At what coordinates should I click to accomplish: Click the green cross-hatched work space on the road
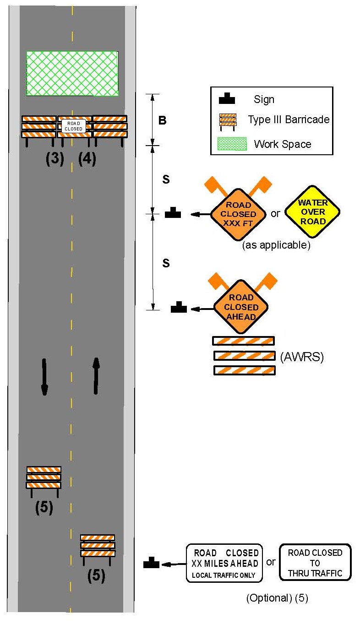[72, 73]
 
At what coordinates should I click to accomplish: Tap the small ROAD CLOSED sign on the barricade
[74, 126]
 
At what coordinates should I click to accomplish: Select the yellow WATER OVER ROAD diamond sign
[312, 212]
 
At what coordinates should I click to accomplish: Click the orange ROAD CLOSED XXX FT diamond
[238, 214]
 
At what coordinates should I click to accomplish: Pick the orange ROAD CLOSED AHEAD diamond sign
[241, 307]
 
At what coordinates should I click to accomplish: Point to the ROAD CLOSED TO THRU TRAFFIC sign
[315, 563]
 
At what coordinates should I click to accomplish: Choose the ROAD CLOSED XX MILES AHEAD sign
[224, 563]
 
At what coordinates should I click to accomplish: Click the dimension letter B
[162, 121]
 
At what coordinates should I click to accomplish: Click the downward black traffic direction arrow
[44, 376]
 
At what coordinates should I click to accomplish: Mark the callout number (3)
[55, 158]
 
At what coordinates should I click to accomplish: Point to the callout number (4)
[87, 158]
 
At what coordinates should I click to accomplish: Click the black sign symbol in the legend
[227, 99]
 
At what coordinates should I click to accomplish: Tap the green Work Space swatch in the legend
[231, 144]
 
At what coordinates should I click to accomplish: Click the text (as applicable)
[276, 245]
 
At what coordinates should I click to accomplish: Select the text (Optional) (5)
[277, 598]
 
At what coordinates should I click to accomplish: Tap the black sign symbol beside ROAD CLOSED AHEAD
[179, 308]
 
